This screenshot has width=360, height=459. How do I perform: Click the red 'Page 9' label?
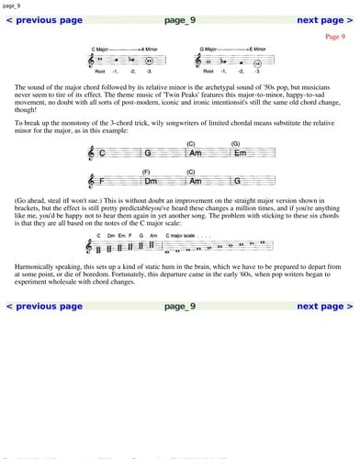pyautogui.click(x=335, y=37)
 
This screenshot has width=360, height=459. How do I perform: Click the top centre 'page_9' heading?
pyautogui.click(x=180, y=19)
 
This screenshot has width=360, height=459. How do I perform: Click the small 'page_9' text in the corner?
pyautogui.click(x=11, y=5)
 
